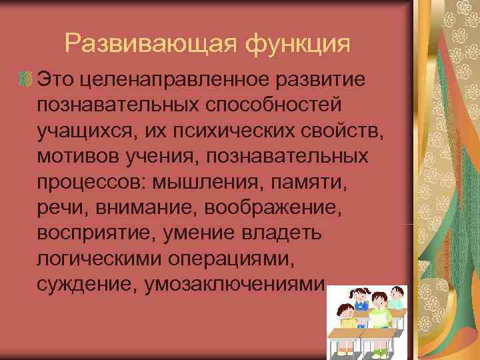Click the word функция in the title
297,44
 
